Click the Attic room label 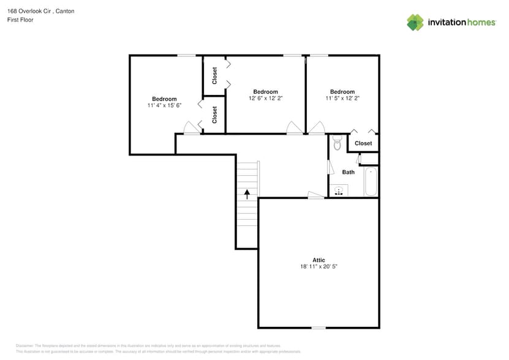coord(319,260)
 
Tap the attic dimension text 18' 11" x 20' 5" coord(319,267)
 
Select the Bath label coord(348,172)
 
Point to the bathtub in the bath coord(371,181)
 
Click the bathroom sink coord(337,190)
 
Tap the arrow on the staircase coord(247,194)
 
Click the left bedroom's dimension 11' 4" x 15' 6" coord(164,105)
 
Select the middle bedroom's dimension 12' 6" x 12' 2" coord(265,98)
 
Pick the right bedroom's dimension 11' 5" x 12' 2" coord(342,98)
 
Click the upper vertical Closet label coord(214,75)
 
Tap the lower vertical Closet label coord(214,114)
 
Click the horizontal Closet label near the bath coord(363,143)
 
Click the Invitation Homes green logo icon coord(415,22)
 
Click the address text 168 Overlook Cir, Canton coord(41,11)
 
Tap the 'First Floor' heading coord(20,20)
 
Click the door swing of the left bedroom coord(191,128)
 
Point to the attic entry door coord(316,195)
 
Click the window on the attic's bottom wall coord(319,328)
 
